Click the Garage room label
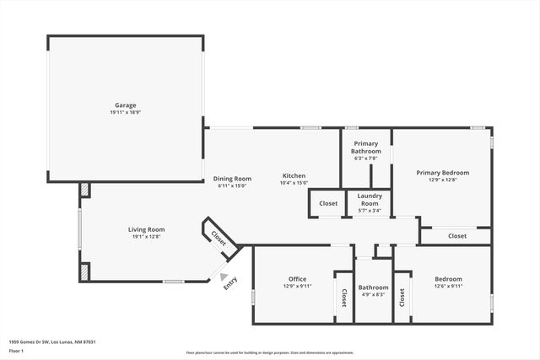point(125,105)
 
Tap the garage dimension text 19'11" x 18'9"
point(125,113)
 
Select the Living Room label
point(146,229)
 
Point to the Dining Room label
point(232,178)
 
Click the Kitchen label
point(294,175)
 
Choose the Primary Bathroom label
point(366,148)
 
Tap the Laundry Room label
point(370,201)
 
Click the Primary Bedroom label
point(442,172)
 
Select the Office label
point(297,278)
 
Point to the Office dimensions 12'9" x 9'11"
point(297,286)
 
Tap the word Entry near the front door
point(230,286)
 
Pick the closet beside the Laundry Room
point(328,203)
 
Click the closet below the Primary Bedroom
point(457,236)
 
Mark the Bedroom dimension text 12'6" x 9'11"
point(448,286)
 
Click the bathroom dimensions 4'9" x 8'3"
point(373,294)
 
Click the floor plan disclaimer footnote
point(270,352)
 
